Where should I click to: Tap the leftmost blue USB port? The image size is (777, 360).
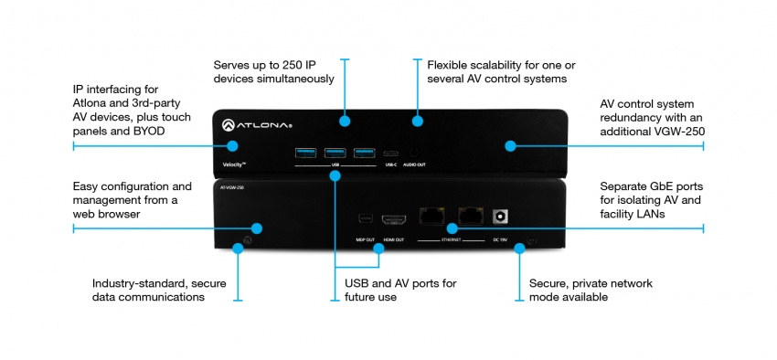tap(304, 152)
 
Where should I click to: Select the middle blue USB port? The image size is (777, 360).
tap(335, 152)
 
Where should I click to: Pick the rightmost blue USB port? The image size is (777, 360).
tap(365, 152)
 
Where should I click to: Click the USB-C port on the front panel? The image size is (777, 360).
tap(390, 153)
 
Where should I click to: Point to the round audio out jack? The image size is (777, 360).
tap(415, 153)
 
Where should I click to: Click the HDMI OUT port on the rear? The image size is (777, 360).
tap(395, 220)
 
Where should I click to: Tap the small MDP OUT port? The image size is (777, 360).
tap(366, 219)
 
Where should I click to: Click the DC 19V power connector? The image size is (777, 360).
tap(500, 217)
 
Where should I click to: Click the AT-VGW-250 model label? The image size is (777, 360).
tap(231, 187)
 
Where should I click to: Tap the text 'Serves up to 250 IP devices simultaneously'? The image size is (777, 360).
tap(273, 72)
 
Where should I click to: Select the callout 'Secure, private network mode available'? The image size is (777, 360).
tap(591, 290)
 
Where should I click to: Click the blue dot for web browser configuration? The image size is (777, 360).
tap(258, 228)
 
